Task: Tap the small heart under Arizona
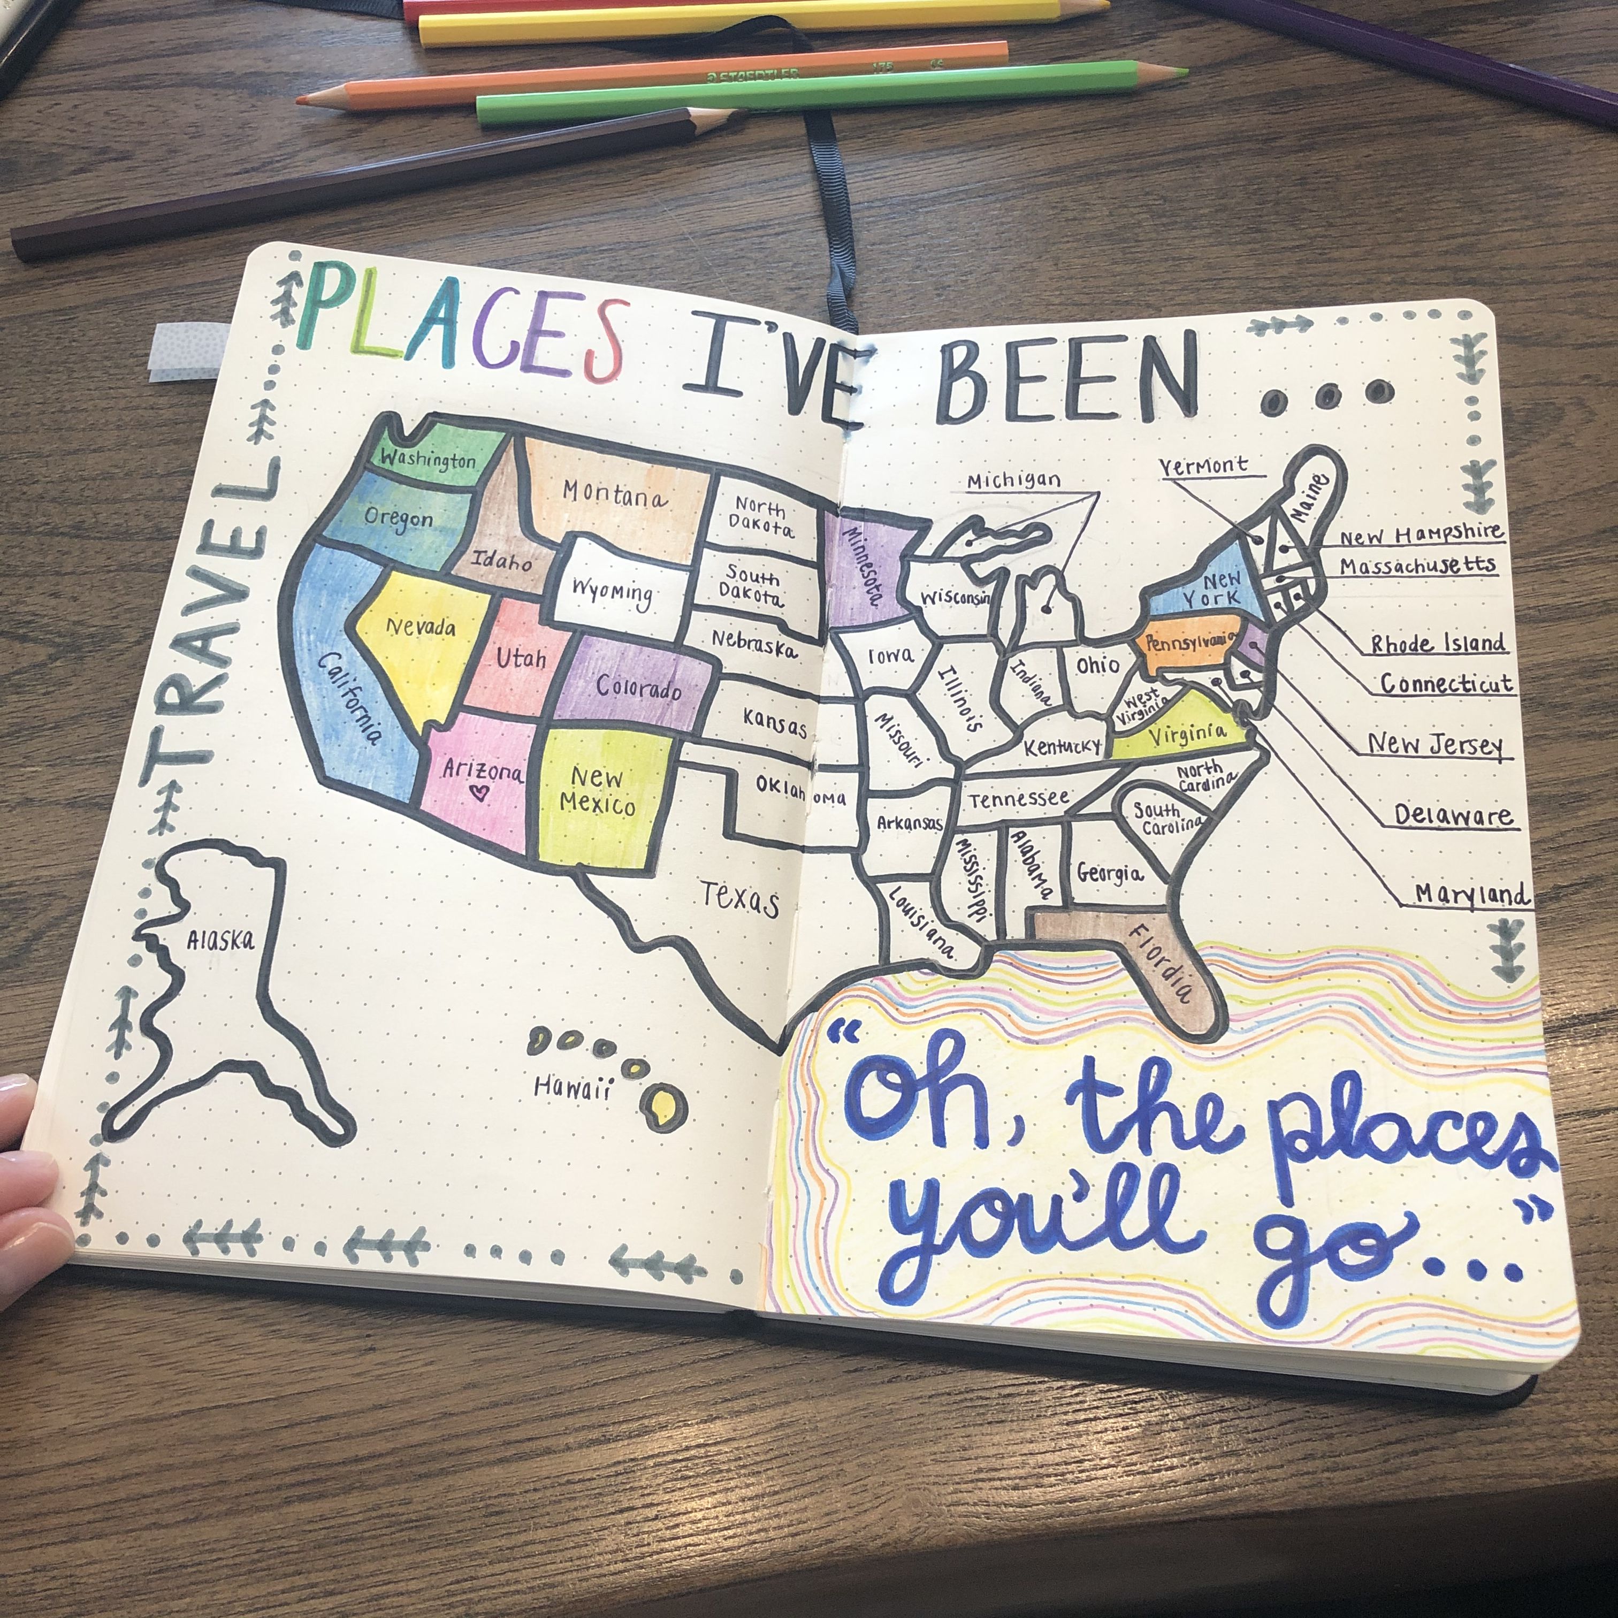coord(479,791)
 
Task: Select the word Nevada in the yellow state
coord(421,627)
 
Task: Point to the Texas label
coord(739,898)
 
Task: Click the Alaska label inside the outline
coord(220,940)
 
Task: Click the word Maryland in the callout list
coord(1471,895)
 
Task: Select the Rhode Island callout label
coord(1438,643)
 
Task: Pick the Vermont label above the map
coord(1203,465)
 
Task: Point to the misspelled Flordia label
coord(1161,963)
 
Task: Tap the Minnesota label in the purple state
coord(863,567)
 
